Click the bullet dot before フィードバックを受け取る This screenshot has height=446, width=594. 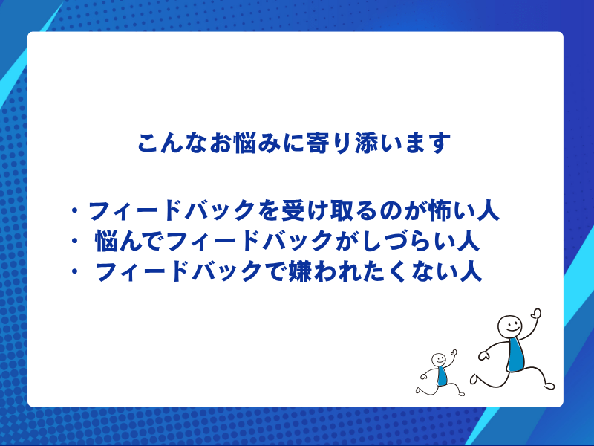74,213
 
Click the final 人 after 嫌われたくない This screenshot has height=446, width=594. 469,272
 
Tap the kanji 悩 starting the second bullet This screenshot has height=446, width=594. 108,242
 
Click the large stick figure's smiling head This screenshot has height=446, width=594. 510,325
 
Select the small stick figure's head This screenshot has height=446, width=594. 438,359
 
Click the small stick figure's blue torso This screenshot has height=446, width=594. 442,376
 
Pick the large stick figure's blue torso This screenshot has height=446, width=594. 515,355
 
